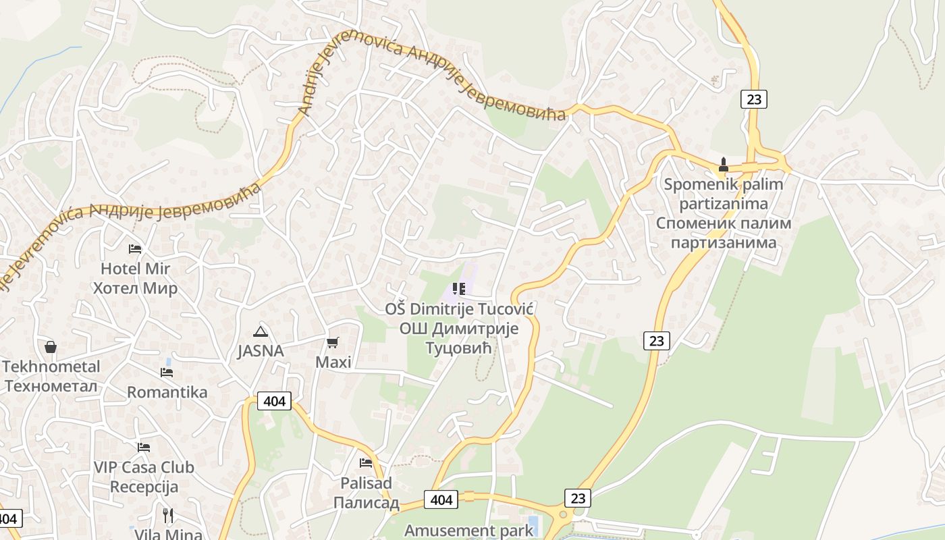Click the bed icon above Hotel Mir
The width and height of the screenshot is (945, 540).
point(135,249)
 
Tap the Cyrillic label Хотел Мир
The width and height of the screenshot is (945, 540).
point(135,289)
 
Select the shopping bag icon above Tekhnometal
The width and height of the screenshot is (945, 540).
point(51,348)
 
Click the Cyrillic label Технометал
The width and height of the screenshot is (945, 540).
point(51,387)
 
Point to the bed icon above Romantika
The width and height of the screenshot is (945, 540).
point(167,373)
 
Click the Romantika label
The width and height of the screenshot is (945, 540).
point(167,392)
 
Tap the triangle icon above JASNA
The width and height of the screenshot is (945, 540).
point(260,331)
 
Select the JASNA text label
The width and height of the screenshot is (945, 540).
point(260,351)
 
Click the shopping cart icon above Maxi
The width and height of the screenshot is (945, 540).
point(333,343)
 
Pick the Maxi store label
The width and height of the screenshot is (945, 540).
point(333,362)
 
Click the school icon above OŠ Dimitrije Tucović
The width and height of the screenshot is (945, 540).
point(459,290)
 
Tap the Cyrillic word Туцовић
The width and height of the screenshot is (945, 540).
point(459,348)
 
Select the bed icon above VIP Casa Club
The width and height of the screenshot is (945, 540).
point(144,448)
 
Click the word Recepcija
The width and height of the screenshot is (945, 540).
point(144,487)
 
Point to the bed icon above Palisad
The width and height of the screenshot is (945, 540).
point(366,463)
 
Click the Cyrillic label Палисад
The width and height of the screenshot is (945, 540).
point(367,503)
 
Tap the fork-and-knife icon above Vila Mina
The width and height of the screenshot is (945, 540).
point(168,516)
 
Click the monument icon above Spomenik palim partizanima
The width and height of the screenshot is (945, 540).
point(724,164)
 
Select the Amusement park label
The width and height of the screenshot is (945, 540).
point(468,530)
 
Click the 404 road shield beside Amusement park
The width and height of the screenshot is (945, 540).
point(441,500)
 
